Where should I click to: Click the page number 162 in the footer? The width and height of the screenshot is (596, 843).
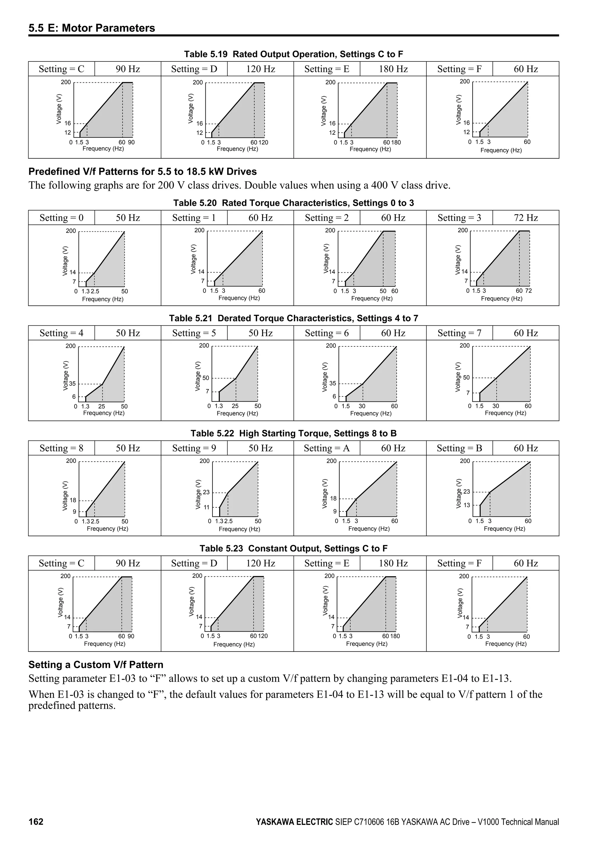36,821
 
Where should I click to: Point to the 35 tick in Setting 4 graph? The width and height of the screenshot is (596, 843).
72,384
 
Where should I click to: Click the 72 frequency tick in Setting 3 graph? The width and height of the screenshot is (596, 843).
528,291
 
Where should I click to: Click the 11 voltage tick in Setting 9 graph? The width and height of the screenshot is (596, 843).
206,507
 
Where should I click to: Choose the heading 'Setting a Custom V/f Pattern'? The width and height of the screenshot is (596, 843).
96,665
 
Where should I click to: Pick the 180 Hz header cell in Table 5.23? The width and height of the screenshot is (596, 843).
393,563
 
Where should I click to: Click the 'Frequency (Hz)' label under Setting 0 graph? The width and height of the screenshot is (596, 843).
103,299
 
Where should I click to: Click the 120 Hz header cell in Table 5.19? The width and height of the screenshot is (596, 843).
260,69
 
